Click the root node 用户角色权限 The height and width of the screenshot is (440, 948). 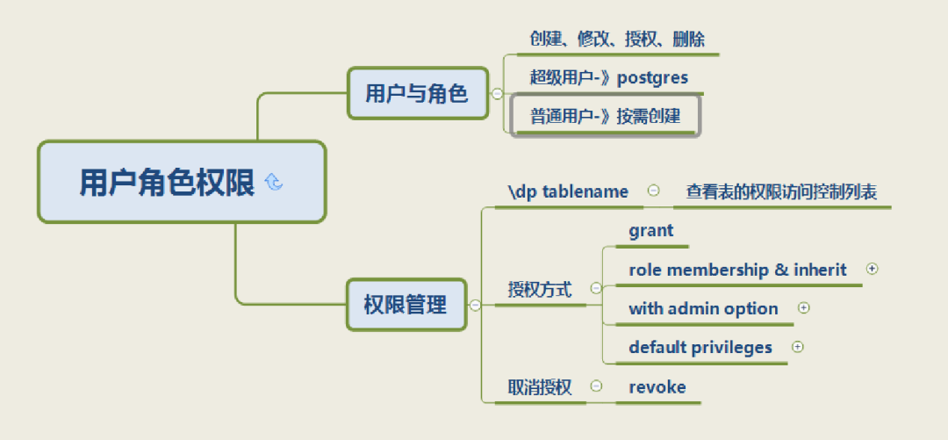[x=167, y=183]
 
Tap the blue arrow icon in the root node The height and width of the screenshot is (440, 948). [x=274, y=182]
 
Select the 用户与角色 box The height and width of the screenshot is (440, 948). [x=417, y=93]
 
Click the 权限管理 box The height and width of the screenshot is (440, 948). [x=406, y=305]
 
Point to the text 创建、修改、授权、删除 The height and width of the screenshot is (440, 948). [x=617, y=40]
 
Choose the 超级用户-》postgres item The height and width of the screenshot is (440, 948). [x=608, y=77]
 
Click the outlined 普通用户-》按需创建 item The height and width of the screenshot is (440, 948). [x=605, y=116]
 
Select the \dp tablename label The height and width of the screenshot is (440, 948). [x=568, y=191]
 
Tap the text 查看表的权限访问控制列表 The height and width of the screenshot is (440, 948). [x=781, y=191]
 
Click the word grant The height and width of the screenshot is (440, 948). [x=650, y=231]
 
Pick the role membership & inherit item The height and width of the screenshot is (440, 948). [x=737, y=270]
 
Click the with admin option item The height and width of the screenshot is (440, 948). [x=703, y=308]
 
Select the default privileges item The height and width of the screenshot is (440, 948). [x=700, y=347]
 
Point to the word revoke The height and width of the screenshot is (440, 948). [x=657, y=386]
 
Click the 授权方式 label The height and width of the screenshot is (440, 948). [x=540, y=289]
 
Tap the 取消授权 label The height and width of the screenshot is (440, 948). [x=540, y=386]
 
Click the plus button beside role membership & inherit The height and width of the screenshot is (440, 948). [x=872, y=269]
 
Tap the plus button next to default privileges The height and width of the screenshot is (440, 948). [x=797, y=346]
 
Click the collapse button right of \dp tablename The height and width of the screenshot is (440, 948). [x=653, y=190]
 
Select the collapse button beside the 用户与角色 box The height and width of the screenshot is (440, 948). [x=498, y=93]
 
